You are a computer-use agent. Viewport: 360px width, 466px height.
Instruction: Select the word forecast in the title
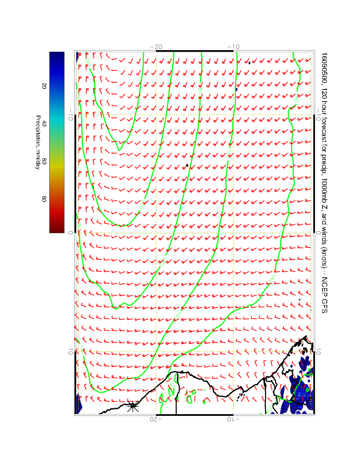324,125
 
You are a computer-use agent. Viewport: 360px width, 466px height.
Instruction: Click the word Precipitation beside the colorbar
38,133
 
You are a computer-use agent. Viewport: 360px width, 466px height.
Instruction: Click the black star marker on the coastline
133,407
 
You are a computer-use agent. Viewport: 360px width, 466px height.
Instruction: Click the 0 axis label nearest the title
319,232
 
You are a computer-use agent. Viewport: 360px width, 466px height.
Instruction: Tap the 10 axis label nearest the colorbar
70,352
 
